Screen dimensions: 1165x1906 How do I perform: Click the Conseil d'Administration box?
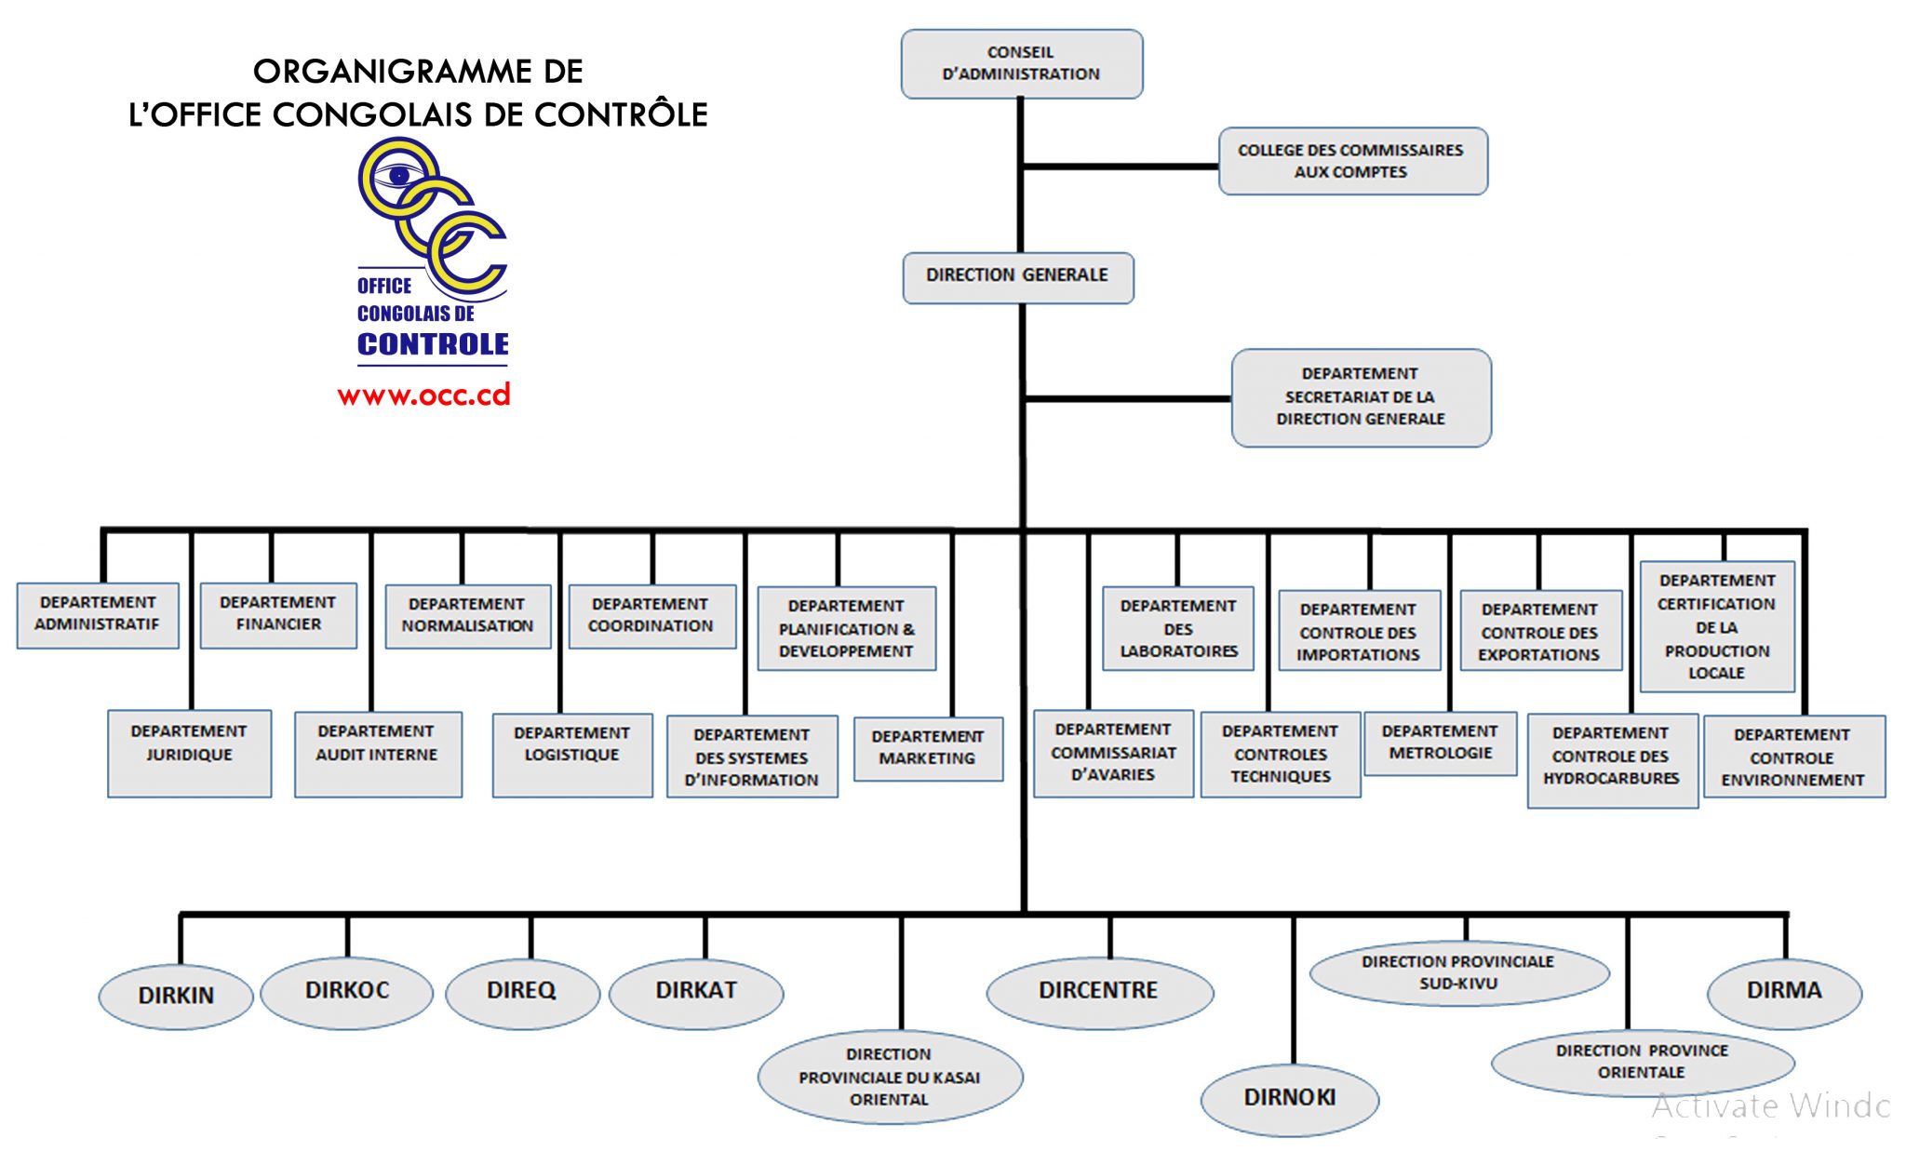[1021, 63]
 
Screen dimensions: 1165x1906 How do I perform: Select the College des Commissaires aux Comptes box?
[1352, 161]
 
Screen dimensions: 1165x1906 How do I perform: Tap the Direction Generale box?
[1017, 276]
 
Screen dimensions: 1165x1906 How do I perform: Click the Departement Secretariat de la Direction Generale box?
[1360, 397]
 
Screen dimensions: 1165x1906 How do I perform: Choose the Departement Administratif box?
[98, 614]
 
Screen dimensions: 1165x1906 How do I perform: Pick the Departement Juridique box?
[189, 753]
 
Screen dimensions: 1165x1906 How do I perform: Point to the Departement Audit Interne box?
[377, 753]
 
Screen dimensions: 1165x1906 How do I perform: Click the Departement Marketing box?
[928, 748]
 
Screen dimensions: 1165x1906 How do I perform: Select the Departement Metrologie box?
[1440, 743]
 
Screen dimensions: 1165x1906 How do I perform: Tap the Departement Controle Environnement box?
[1792, 756]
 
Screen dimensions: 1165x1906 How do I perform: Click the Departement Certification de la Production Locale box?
[1716, 626]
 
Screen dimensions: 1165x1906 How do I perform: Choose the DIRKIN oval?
[176, 996]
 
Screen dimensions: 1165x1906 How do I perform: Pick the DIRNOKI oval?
[1289, 1098]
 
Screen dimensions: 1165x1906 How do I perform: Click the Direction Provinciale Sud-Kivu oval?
[1458, 973]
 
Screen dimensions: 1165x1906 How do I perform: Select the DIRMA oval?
[1783, 991]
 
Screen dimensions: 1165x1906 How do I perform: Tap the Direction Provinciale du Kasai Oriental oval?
[889, 1077]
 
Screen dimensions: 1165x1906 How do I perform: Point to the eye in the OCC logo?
[399, 175]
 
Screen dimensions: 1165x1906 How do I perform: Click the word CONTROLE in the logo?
[433, 344]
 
